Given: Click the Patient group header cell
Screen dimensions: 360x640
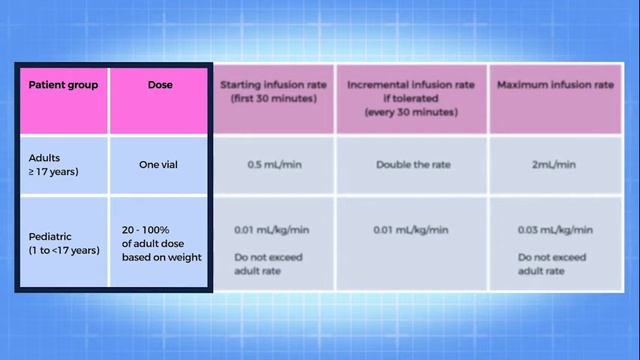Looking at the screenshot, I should (x=62, y=85).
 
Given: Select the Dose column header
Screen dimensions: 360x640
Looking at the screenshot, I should (x=160, y=85).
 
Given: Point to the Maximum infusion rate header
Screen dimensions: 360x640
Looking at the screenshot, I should (x=555, y=85).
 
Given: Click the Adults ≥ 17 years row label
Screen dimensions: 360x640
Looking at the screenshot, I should (x=54, y=164).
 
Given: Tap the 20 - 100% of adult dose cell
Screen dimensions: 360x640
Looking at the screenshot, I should (x=160, y=242).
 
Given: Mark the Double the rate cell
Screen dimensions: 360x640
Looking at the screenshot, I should (x=410, y=164).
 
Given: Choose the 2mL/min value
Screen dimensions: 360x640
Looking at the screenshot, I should (x=552, y=164).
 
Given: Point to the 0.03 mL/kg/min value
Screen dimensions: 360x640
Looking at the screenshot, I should (x=552, y=230).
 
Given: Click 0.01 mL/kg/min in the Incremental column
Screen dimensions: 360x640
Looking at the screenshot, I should (x=410, y=230).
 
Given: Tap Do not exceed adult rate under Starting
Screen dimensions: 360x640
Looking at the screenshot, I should (x=268, y=263).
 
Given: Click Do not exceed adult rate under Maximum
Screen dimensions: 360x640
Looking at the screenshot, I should (x=552, y=263).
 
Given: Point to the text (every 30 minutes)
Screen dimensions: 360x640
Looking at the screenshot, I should (x=411, y=112).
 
